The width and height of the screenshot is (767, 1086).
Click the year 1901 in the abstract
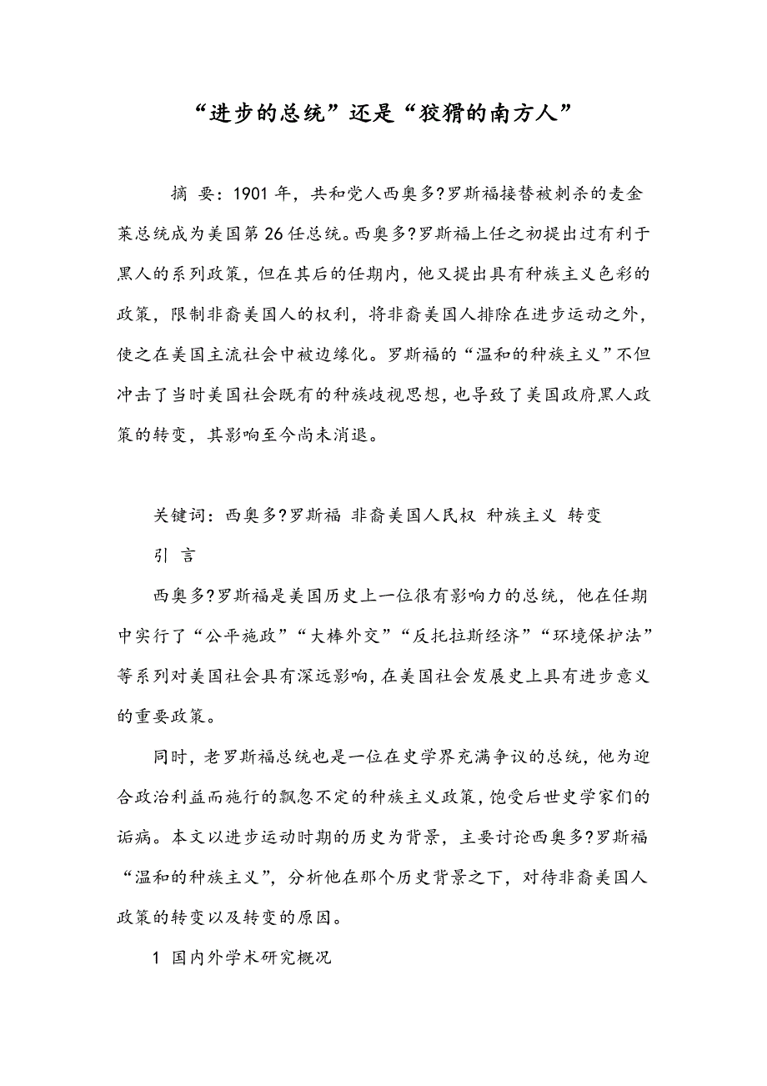tap(250, 194)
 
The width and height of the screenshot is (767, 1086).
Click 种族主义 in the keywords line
tap(522, 515)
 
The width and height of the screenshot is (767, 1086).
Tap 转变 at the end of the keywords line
tap(584, 515)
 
